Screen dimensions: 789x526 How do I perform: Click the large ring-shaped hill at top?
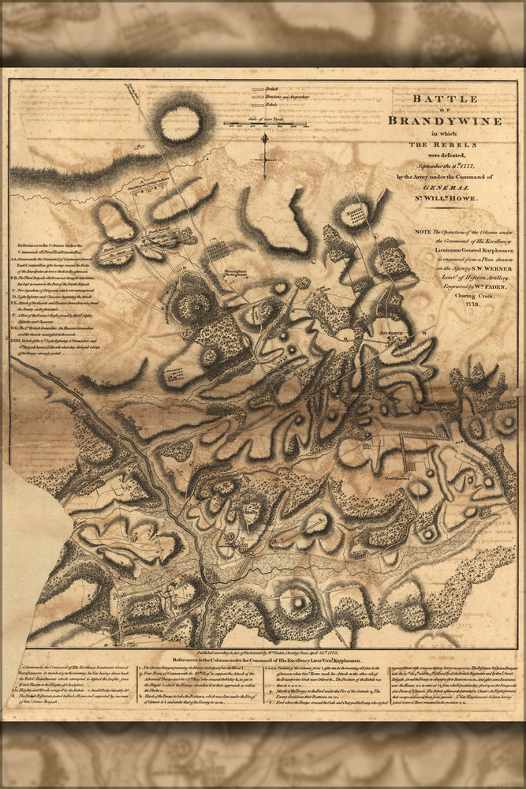coord(181,123)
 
